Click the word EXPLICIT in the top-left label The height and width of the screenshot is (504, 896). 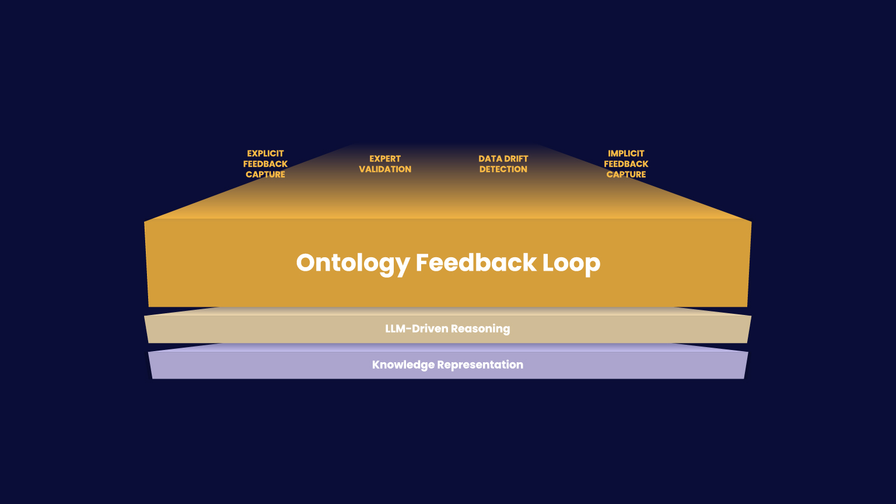(x=265, y=153)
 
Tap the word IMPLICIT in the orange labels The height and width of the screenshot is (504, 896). (x=626, y=153)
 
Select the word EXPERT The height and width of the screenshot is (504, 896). (x=385, y=159)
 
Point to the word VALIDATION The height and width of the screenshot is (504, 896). (x=385, y=169)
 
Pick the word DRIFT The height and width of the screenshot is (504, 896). (x=516, y=159)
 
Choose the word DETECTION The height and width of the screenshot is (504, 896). (x=503, y=169)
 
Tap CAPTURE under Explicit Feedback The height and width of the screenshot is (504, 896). (x=265, y=174)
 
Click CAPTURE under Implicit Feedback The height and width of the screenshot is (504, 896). (x=626, y=174)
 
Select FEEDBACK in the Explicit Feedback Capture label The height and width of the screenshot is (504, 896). (x=265, y=164)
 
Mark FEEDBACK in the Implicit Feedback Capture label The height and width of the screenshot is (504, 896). (x=626, y=164)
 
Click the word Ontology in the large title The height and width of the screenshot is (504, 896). (x=352, y=263)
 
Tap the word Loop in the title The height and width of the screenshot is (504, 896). (x=571, y=263)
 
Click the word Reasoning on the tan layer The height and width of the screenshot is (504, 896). (x=480, y=329)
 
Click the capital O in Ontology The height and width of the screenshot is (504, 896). (x=307, y=262)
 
